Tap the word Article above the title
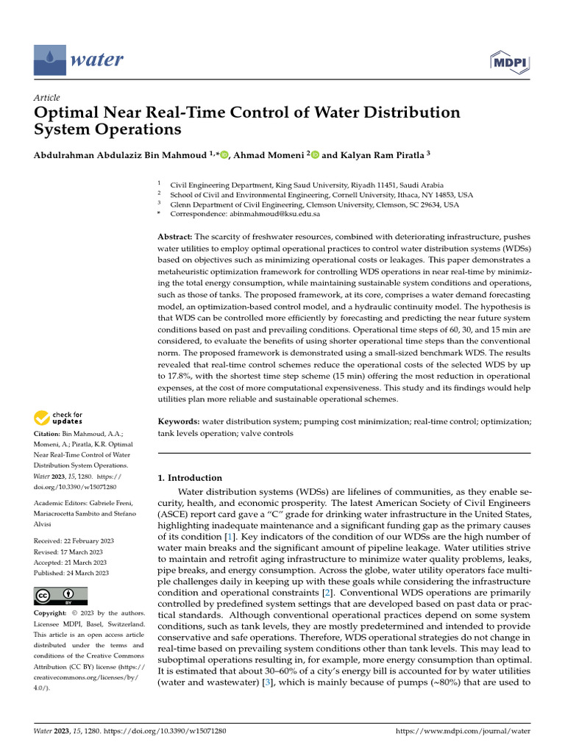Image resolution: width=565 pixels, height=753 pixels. tap(47, 98)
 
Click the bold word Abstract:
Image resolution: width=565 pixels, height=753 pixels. tap(175, 237)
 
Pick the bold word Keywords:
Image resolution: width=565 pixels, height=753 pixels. tap(179, 421)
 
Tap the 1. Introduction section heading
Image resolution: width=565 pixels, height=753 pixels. tap(190, 478)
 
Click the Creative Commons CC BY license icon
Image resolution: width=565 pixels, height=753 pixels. tap(60, 596)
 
